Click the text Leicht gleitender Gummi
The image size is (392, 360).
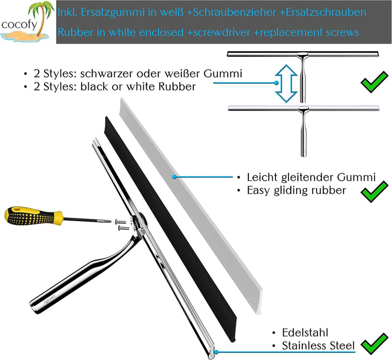point(311,177)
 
